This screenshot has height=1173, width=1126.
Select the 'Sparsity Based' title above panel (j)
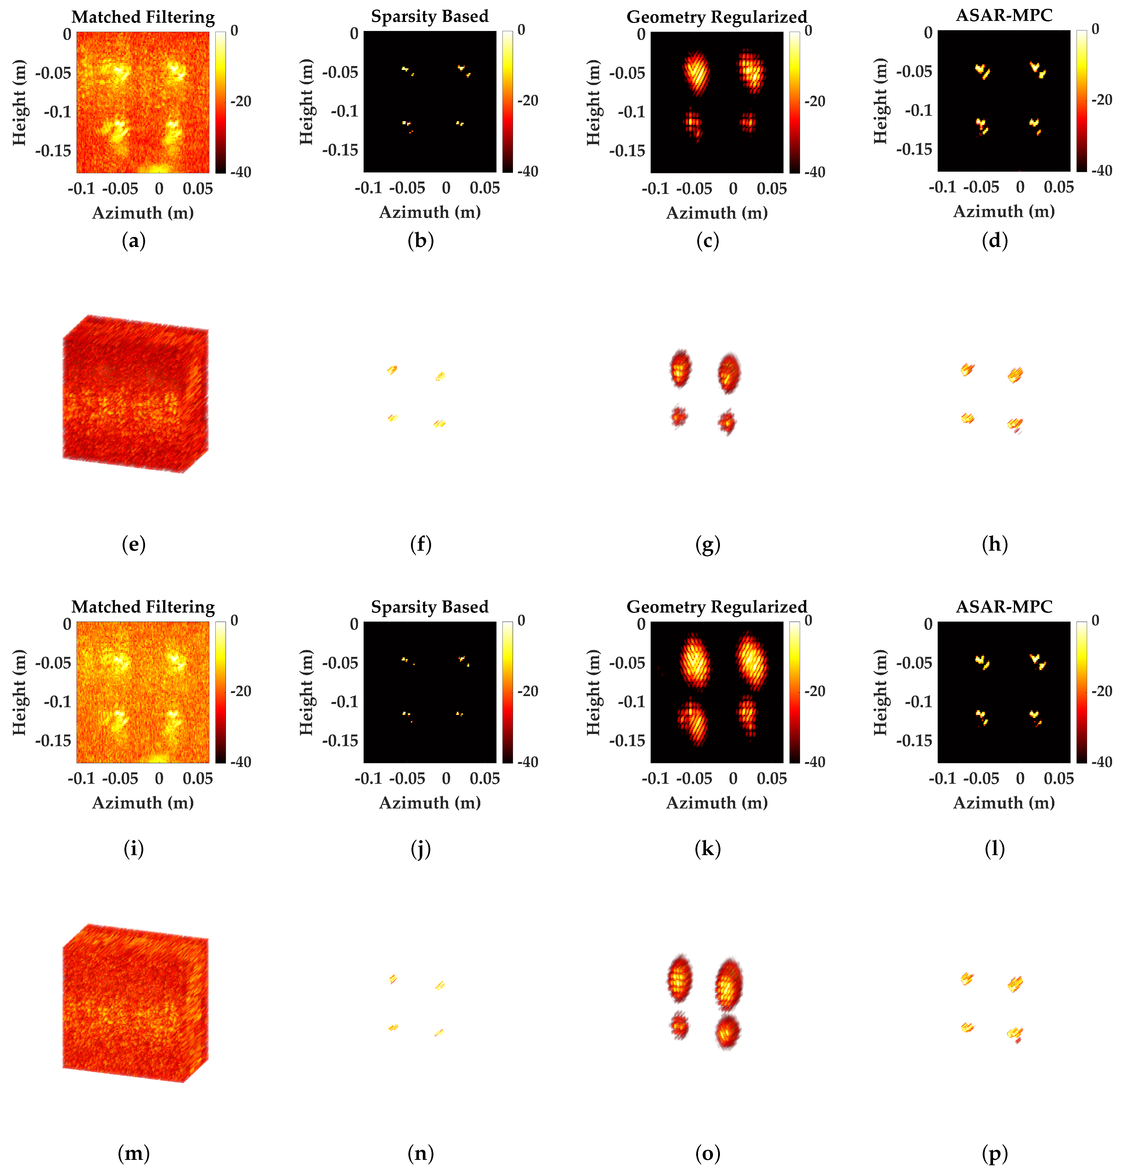[x=430, y=607]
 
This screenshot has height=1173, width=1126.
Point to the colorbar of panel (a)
[x=221, y=102]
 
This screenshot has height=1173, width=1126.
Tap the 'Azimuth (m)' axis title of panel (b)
[x=430, y=212]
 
